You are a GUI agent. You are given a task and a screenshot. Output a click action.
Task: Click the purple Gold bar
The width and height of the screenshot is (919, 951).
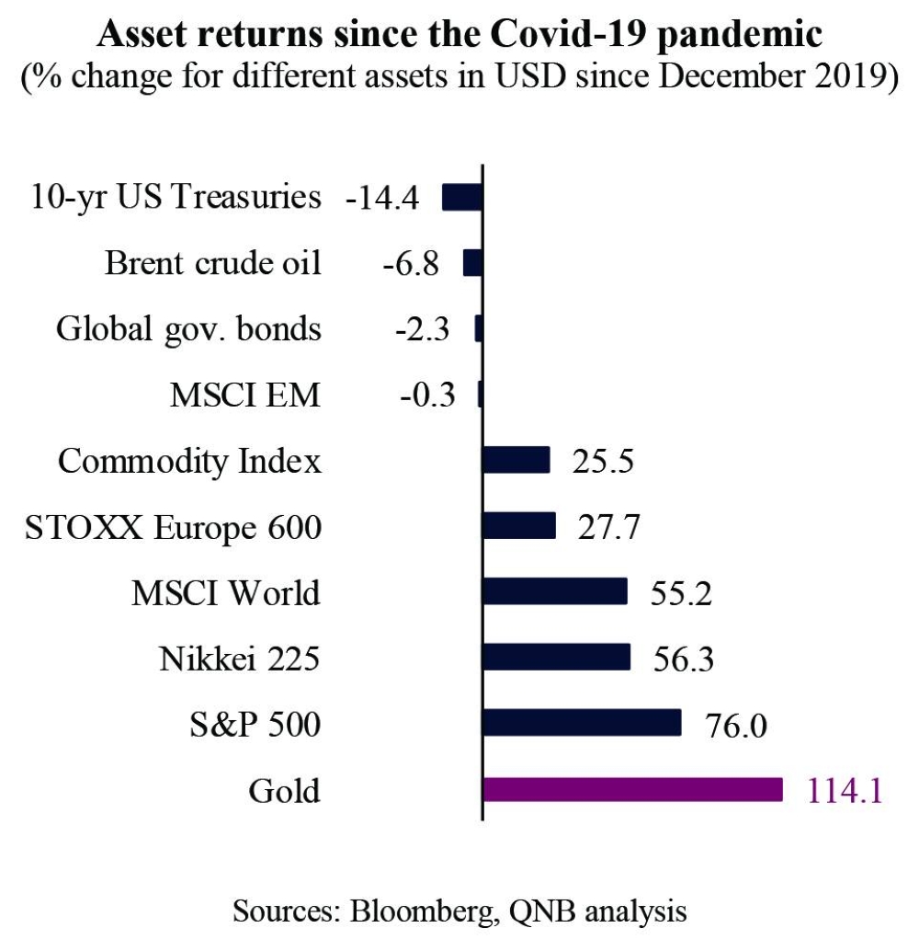coord(632,789)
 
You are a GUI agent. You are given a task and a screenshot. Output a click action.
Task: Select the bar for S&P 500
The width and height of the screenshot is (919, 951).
coord(581,723)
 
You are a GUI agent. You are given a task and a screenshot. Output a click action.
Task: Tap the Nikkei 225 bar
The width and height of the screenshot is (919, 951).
coord(556,657)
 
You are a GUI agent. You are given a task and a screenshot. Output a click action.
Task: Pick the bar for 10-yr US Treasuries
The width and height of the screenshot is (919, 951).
coord(462,197)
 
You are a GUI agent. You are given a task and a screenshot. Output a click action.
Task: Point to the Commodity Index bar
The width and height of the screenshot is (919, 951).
coord(516,460)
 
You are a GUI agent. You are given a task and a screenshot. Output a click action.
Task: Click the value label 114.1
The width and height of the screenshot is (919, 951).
coord(845,791)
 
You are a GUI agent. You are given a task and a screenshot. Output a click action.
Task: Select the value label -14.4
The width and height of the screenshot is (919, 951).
coord(381,198)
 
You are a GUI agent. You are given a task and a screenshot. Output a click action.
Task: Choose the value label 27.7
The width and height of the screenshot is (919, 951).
coord(608,528)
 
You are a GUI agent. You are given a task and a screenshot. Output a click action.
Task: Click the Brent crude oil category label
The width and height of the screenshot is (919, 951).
coord(213,263)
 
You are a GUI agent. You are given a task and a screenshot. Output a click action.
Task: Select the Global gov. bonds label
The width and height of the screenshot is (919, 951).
coord(189,328)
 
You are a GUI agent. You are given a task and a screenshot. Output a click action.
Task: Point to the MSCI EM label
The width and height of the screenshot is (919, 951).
coord(245,395)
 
